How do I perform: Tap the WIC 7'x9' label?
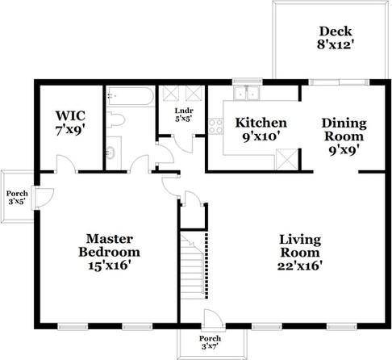coord(69,123)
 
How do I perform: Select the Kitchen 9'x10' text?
coord(260,129)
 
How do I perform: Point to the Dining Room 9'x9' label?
coord(344,136)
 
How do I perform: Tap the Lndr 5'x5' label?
coord(181,114)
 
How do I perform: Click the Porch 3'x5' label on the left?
coord(16,199)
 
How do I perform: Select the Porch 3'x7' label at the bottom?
coord(211,342)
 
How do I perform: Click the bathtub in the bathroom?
coord(129,98)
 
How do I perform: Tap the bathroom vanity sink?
coord(112,149)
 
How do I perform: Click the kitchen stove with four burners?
coord(215,125)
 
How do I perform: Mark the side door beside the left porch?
coord(45,196)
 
